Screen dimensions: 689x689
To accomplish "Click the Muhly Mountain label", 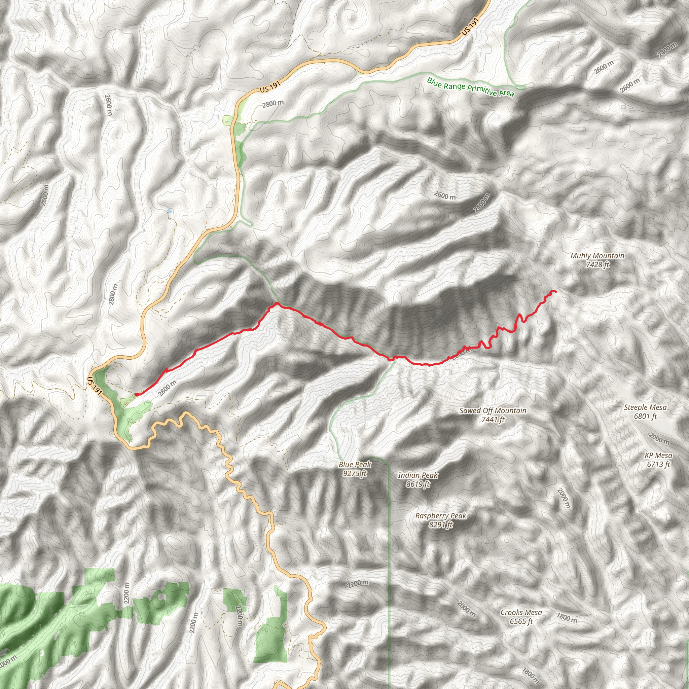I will pyautogui.click(x=597, y=256).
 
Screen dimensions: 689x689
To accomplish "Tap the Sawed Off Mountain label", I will pyautogui.click(x=493, y=410).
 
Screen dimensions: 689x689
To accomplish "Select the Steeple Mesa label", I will pyautogui.click(x=645, y=407).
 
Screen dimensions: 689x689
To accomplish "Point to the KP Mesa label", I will pyautogui.click(x=658, y=456).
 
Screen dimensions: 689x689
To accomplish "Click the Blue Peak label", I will pyautogui.click(x=355, y=464).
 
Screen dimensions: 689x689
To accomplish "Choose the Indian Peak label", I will pyautogui.click(x=418, y=475).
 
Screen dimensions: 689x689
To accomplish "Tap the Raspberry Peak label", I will pyautogui.click(x=440, y=516).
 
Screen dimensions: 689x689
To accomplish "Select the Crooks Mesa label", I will pyautogui.click(x=521, y=612).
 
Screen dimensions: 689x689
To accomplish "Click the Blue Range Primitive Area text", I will pyautogui.click(x=470, y=87).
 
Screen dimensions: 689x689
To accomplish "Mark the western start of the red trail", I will pyautogui.click(x=137, y=394).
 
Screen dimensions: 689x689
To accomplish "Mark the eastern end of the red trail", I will pyautogui.click(x=555, y=292).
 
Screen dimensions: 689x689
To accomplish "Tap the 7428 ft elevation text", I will pyautogui.click(x=597, y=265).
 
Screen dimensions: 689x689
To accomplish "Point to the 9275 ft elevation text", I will pyautogui.click(x=355, y=474).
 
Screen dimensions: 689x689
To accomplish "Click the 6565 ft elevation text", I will pyautogui.click(x=521, y=621).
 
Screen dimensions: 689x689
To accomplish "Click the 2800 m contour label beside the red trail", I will pyautogui.click(x=167, y=388).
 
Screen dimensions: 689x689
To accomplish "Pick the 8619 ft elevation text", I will pyautogui.click(x=418, y=484).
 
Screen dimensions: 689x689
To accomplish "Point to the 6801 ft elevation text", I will pyautogui.click(x=645, y=416).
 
